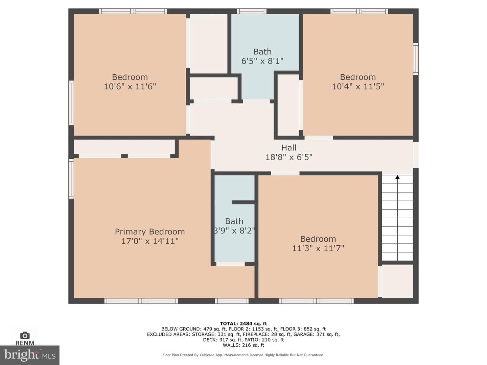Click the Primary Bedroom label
pos(150,232)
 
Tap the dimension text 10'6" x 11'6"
pos(130,87)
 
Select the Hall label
pos(289,148)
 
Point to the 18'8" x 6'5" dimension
pos(289,157)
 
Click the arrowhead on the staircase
pos(397,177)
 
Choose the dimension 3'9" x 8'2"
pos(234,231)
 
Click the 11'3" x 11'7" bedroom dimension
pos(318,248)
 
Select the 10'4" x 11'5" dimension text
pos(358,87)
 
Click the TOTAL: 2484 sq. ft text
pos(243,323)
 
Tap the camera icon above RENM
pos(25,335)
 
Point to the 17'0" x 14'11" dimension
pos(150,241)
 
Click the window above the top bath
pos(252,11)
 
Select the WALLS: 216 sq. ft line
pos(243,345)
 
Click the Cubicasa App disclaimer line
pos(243,355)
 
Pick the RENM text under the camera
pos(25,343)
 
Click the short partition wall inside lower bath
pos(243,202)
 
